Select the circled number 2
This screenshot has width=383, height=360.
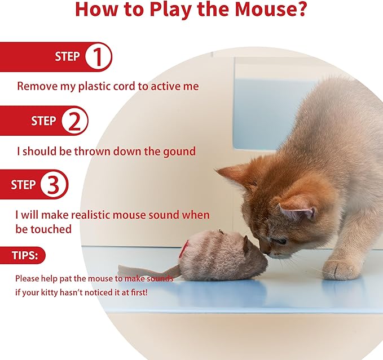pos(73,121)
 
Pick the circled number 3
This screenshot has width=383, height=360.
pos(53,185)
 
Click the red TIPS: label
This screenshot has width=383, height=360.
pos(25,256)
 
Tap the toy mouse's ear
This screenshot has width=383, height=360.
pos(245,243)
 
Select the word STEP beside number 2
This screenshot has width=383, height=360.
pos(43,121)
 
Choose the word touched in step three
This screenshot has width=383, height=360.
pos(51,229)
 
